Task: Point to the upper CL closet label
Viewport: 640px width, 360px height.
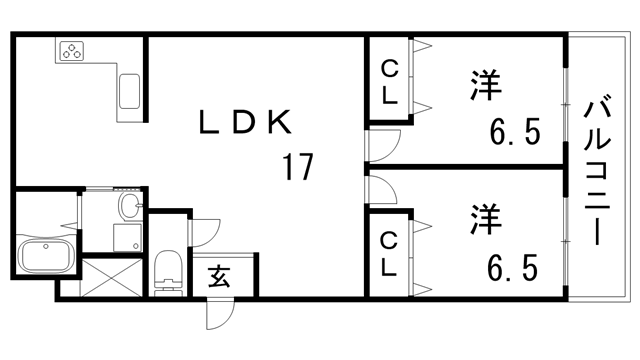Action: click(390, 83)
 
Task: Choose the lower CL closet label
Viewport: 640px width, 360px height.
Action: click(390, 254)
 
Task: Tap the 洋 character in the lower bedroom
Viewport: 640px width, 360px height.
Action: click(484, 217)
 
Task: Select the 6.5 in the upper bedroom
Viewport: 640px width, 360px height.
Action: click(514, 131)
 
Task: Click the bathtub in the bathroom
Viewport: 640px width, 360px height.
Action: click(44, 258)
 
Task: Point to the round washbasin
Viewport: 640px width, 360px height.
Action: click(128, 207)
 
